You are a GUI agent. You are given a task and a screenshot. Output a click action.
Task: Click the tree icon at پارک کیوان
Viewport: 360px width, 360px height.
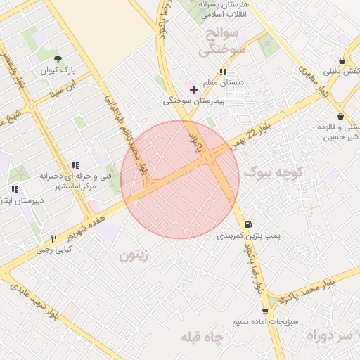tap(58, 59)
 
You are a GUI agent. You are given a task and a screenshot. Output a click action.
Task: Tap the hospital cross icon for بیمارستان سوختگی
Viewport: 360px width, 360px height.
tap(194, 89)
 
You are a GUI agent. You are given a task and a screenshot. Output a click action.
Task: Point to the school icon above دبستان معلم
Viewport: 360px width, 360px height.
tap(223, 72)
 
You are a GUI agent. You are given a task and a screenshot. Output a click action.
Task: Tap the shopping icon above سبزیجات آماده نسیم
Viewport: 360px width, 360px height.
tap(264, 311)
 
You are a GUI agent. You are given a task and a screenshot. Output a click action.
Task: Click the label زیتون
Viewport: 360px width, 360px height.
tap(136, 257)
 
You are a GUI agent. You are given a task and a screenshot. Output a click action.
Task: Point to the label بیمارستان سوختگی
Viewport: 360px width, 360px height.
tap(193, 101)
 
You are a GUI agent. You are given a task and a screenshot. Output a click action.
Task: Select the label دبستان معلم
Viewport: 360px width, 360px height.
tap(223, 83)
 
